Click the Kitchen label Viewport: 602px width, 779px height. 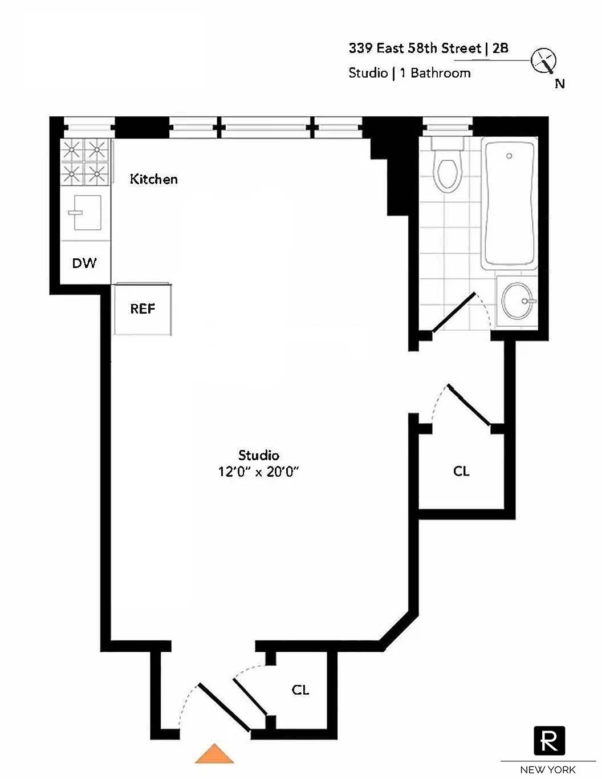[153, 179]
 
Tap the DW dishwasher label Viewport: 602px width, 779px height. [84, 263]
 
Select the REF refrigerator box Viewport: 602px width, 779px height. [143, 309]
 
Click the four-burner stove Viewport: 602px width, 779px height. [85, 162]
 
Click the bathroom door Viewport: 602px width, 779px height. [454, 313]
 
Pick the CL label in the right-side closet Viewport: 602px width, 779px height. [461, 471]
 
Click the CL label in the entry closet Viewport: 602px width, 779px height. [300, 690]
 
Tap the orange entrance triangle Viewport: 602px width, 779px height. [214, 754]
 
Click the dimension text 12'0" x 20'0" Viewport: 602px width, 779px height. [259, 472]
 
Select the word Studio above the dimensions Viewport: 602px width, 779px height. [259, 455]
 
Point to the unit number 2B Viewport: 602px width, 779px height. [500, 48]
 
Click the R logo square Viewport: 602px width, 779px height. [549, 741]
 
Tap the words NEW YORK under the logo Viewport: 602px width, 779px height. [548, 769]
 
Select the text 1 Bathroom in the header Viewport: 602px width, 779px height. [434, 73]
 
